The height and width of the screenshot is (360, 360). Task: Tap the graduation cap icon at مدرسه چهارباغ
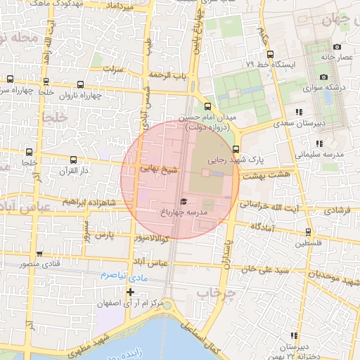[184, 202]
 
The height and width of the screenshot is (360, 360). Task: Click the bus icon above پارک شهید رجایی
[236, 149]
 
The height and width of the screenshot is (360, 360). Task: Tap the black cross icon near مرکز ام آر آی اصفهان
[130, 292]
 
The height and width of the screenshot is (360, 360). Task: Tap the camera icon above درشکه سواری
[323, 77]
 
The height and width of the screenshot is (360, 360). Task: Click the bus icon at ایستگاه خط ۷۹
[271, 54]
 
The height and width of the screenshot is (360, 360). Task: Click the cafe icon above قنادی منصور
[39, 255]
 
